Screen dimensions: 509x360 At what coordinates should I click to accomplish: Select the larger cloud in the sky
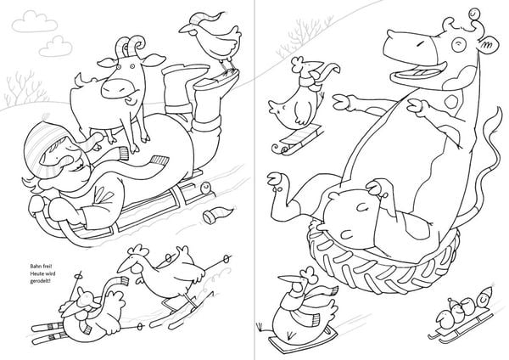[x=35, y=21]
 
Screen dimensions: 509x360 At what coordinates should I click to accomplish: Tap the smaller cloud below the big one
[x=55, y=47]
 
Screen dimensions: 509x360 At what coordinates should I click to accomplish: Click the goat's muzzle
[x=117, y=88]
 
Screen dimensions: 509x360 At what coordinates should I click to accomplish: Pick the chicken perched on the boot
[x=211, y=39]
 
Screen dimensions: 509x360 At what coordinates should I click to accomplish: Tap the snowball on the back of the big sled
[x=205, y=188]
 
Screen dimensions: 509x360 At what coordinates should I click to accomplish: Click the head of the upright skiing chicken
[x=132, y=261]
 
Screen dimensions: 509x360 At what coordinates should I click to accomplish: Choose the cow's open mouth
[x=417, y=71]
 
